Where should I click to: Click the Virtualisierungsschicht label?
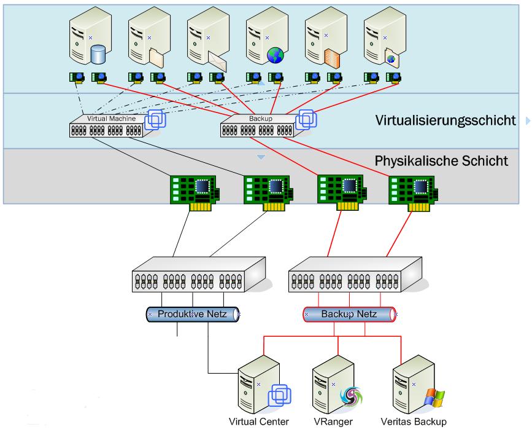[445, 120]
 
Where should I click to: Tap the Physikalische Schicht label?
[441, 162]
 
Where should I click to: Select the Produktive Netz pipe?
[193, 314]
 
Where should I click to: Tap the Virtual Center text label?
[258, 422]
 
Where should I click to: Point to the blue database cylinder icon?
[98, 55]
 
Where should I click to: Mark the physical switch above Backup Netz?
[355, 275]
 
